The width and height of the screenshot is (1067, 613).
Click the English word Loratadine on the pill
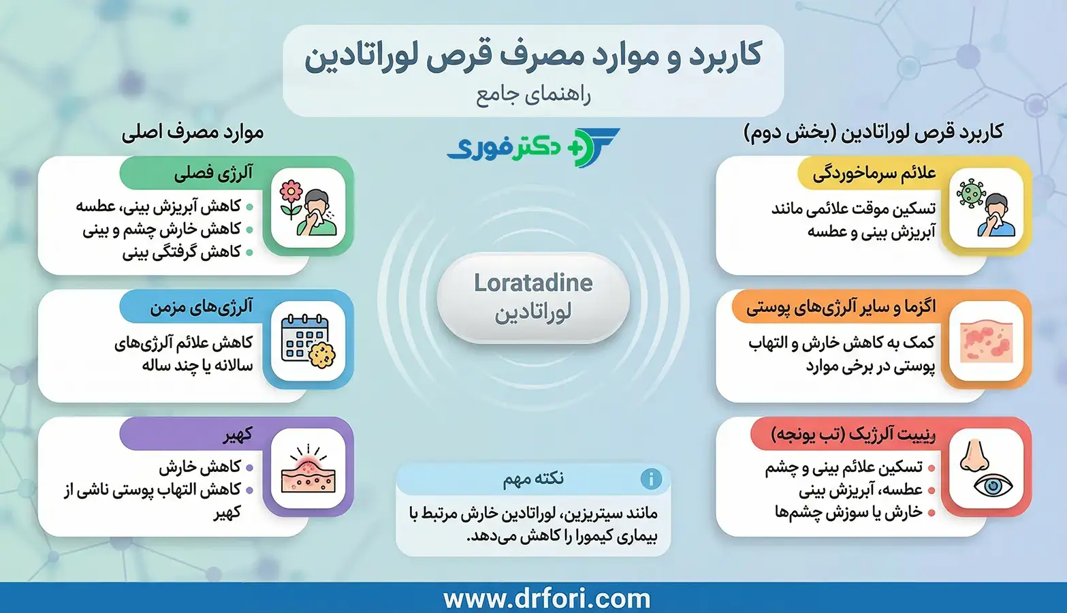tap(533, 283)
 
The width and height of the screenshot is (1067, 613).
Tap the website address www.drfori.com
tap(547, 599)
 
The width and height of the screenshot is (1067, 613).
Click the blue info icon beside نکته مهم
tap(651, 479)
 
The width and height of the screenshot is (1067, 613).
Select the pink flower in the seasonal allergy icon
tap(291, 193)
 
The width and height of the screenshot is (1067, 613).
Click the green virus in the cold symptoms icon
tap(970, 193)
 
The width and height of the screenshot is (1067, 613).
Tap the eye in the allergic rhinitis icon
tap(993, 486)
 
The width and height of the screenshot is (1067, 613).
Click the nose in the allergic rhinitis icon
tap(974, 456)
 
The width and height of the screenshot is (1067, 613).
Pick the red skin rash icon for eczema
tap(986, 341)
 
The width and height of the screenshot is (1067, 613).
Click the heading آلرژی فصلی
tap(213, 174)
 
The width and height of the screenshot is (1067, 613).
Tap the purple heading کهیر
tap(238, 435)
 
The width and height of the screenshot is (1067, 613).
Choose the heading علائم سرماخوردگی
tap(874, 174)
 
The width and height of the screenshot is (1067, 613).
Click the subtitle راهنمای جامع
tap(533, 95)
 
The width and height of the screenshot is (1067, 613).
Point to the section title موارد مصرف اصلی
tap(193, 132)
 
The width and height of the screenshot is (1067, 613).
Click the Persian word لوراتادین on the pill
tap(533, 313)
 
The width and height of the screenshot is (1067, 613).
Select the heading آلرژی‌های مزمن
tap(202, 307)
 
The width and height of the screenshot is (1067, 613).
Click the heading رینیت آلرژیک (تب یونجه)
tap(853, 435)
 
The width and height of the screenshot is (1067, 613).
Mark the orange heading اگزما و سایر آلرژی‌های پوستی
tap(840, 307)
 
